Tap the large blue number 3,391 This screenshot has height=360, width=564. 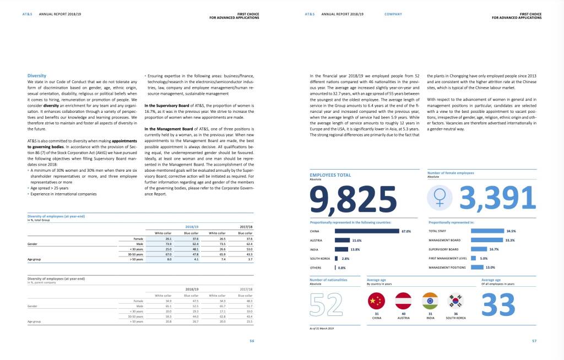pyautogui.click(x=497, y=198)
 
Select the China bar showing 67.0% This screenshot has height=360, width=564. pyautogui.click(x=367, y=231)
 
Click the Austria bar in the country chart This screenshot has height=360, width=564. pyautogui.click(x=343, y=241)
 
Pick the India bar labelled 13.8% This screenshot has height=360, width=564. pyautogui.click(x=341, y=249)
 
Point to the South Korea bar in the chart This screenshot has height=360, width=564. pyautogui.click(x=337, y=259)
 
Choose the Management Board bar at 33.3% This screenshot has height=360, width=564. pyautogui.click(x=487, y=241)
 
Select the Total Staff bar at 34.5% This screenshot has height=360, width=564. pyautogui.click(x=487, y=231)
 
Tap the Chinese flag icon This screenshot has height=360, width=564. pyautogui.click(x=377, y=301)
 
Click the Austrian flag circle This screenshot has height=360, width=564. pyautogui.click(x=404, y=301)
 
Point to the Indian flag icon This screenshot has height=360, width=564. pyautogui.click(x=430, y=301)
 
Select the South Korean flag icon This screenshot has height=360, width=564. pyautogui.click(x=456, y=301)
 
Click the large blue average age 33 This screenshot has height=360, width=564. pyautogui.click(x=498, y=304)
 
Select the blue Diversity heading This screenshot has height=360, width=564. pyautogui.click(x=37, y=75)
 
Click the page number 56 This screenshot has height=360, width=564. pyautogui.click(x=252, y=341)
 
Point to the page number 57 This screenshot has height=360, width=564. pyautogui.click(x=534, y=341)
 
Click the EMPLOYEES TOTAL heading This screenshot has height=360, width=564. pyautogui.click(x=330, y=175)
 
